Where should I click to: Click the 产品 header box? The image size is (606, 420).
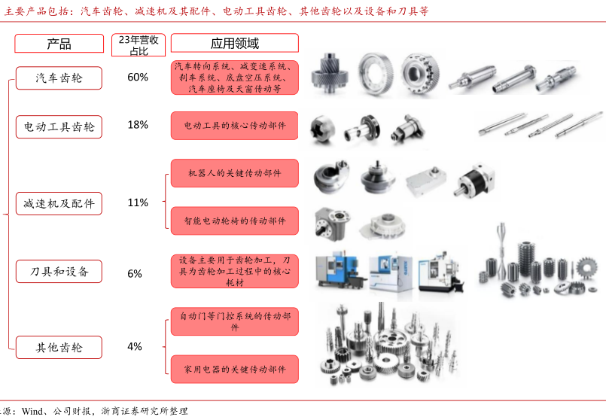point(59,43)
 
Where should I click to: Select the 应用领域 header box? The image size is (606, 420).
point(235,43)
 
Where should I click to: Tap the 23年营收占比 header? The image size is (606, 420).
point(139,45)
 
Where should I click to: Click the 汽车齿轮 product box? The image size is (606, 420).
point(59,78)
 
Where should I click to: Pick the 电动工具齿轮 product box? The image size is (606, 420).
point(59,126)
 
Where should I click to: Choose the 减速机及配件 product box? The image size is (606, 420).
point(59,203)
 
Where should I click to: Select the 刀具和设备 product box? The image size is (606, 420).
point(59,271)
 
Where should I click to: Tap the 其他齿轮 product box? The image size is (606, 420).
point(59,347)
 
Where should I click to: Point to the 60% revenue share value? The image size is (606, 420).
point(138,78)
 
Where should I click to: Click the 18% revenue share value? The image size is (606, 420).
point(138,125)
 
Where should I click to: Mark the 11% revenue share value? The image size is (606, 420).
point(138,202)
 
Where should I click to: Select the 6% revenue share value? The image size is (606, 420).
point(135,273)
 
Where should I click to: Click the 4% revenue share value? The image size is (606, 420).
point(135,346)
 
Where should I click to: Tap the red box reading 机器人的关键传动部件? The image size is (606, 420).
point(235,173)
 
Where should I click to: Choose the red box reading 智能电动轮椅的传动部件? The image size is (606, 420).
point(235,221)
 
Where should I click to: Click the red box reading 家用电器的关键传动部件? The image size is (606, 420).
point(235,369)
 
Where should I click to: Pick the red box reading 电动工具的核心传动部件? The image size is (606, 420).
point(235,126)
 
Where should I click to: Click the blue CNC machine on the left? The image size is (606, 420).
point(340,271)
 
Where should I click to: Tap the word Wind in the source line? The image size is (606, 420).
point(32,411)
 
